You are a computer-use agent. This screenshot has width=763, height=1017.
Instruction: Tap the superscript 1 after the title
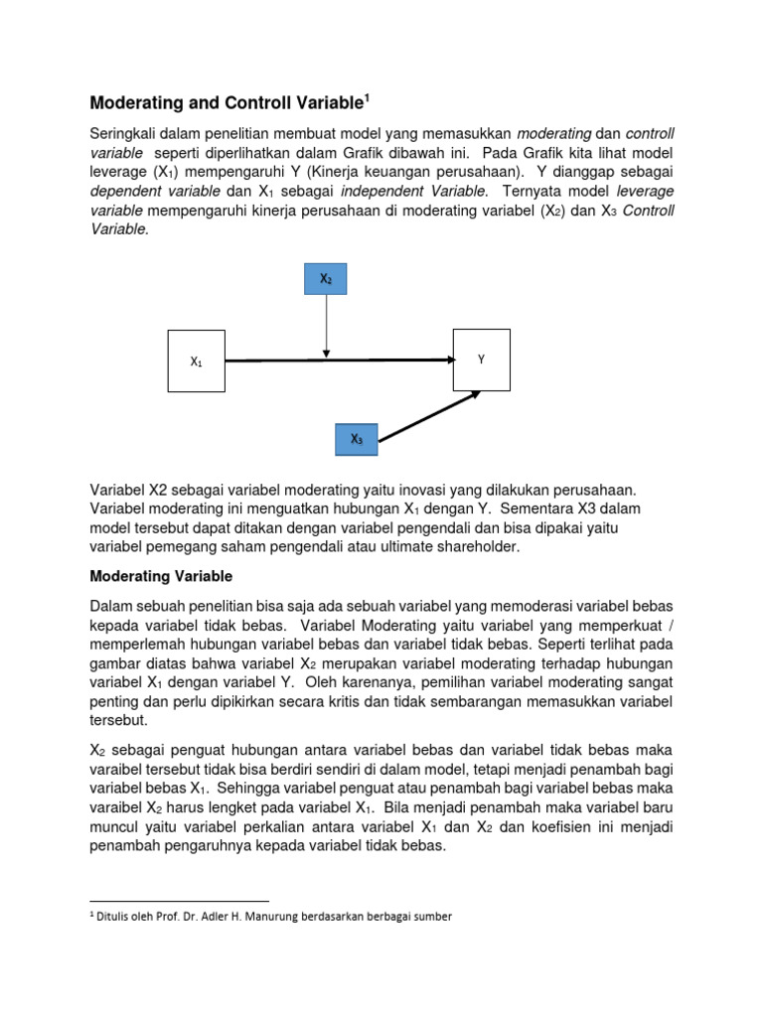(367, 96)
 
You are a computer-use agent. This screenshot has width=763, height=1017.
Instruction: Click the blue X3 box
(356, 439)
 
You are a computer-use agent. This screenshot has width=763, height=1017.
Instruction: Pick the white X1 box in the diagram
(196, 362)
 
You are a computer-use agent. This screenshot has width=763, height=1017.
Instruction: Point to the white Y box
(482, 359)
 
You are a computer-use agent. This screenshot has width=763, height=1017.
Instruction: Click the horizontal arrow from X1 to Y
(338, 361)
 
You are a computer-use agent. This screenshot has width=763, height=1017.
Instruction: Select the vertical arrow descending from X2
(326, 323)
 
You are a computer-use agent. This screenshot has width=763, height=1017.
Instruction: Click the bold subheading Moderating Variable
(161, 575)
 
